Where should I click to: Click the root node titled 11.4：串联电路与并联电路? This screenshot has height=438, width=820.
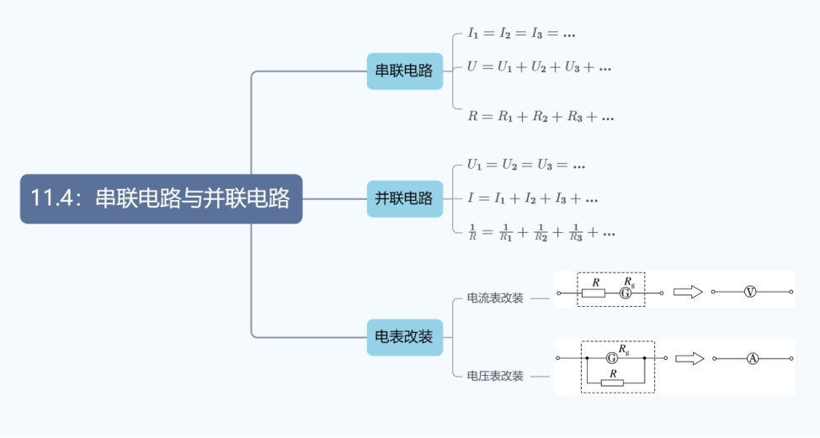click(x=161, y=199)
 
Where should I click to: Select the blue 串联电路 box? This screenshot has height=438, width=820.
click(x=404, y=71)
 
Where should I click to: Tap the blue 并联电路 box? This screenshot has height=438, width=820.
click(x=404, y=199)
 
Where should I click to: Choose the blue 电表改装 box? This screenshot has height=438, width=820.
click(x=404, y=337)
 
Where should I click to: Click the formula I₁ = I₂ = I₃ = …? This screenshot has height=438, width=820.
click(x=522, y=34)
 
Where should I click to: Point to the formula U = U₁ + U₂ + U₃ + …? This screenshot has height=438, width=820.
click(x=540, y=66)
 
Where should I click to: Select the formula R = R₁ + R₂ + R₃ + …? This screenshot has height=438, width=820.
click(x=540, y=117)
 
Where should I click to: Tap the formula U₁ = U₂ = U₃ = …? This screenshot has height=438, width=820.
click(x=527, y=165)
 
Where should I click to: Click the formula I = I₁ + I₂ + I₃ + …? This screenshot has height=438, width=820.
click(x=533, y=198)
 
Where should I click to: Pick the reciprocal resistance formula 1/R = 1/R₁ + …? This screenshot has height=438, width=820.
click(x=541, y=232)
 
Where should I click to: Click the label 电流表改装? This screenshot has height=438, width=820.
click(x=495, y=298)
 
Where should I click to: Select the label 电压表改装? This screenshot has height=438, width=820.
click(x=495, y=376)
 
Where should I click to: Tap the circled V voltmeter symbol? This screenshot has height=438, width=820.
click(x=751, y=292)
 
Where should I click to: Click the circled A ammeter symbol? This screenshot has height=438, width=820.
click(x=753, y=358)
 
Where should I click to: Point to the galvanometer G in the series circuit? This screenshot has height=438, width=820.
click(x=626, y=293)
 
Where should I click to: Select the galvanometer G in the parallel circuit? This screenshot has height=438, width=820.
click(x=612, y=357)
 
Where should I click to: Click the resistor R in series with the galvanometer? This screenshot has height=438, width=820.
click(x=596, y=293)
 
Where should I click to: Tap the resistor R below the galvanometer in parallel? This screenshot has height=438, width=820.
click(x=613, y=383)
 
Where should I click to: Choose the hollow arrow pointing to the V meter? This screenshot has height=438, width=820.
click(x=688, y=292)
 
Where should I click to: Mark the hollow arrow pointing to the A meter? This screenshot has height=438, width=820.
click(x=690, y=358)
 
